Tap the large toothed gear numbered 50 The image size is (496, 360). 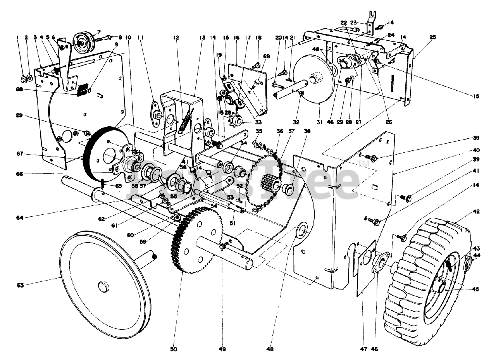coord(194,240)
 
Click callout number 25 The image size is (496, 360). coord(432,37)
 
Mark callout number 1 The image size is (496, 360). coord(17,38)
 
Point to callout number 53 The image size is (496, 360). coord(230,198)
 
